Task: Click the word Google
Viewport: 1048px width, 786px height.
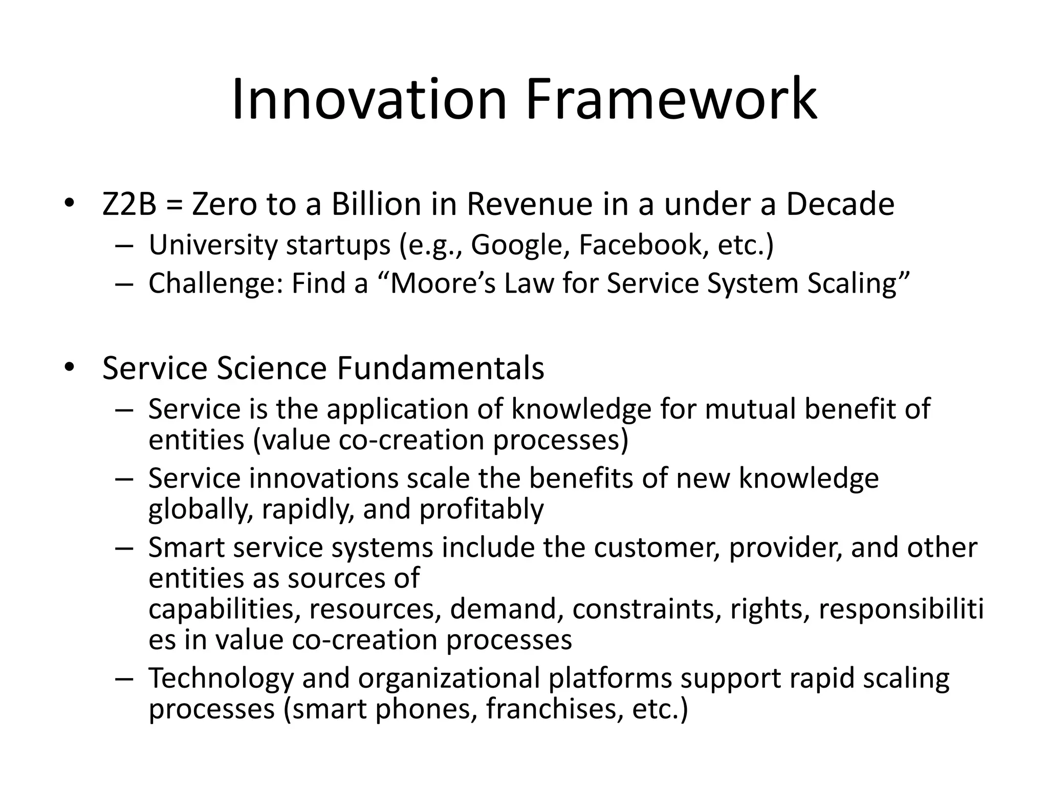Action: click(x=519, y=245)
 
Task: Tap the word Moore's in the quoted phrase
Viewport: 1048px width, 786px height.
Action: click(x=443, y=284)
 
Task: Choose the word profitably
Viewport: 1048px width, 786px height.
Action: click(x=481, y=510)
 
